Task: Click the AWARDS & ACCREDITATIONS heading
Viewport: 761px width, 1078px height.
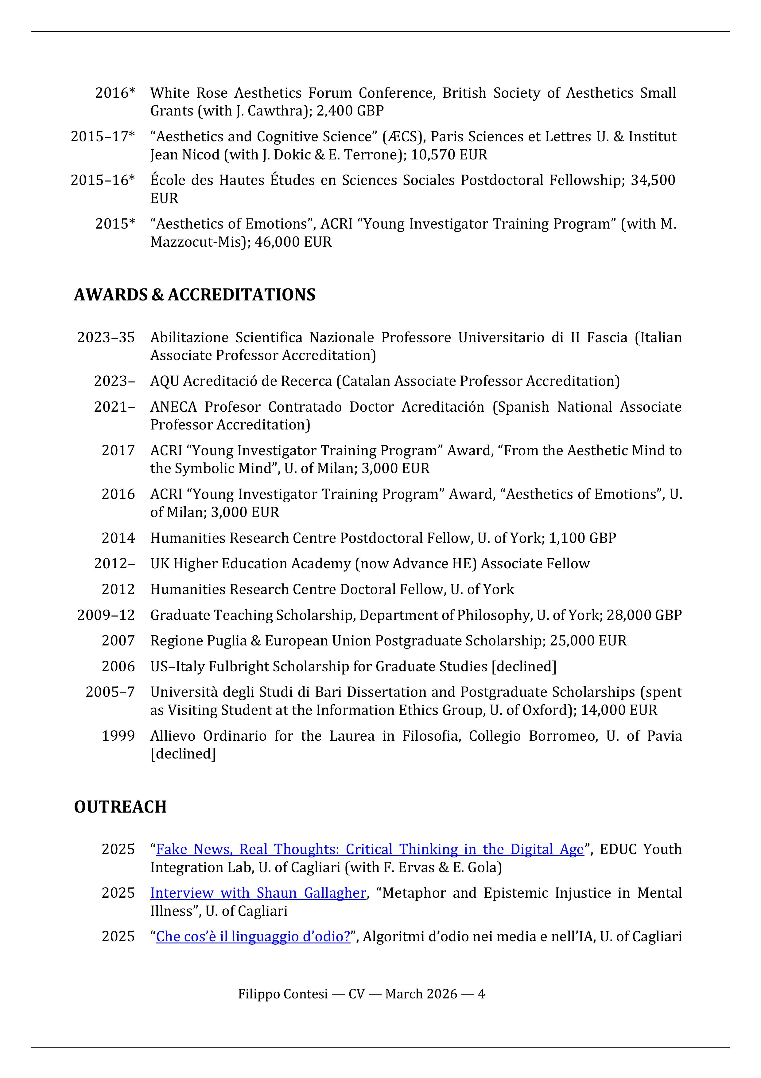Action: tap(194, 295)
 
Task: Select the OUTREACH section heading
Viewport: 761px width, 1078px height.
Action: tap(120, 807)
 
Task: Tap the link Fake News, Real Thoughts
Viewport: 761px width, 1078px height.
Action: tap(370, 849)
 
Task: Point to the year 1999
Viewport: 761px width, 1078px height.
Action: tap(118, 736)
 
